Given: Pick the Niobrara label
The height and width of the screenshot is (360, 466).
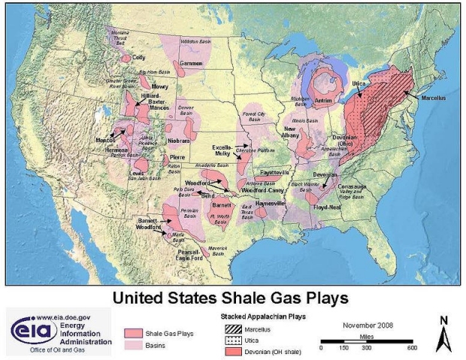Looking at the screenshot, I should [178, 141].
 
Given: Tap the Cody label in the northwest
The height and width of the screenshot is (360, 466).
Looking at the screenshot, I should [138, 57].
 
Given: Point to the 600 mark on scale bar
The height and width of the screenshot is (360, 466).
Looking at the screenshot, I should [412, 348].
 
